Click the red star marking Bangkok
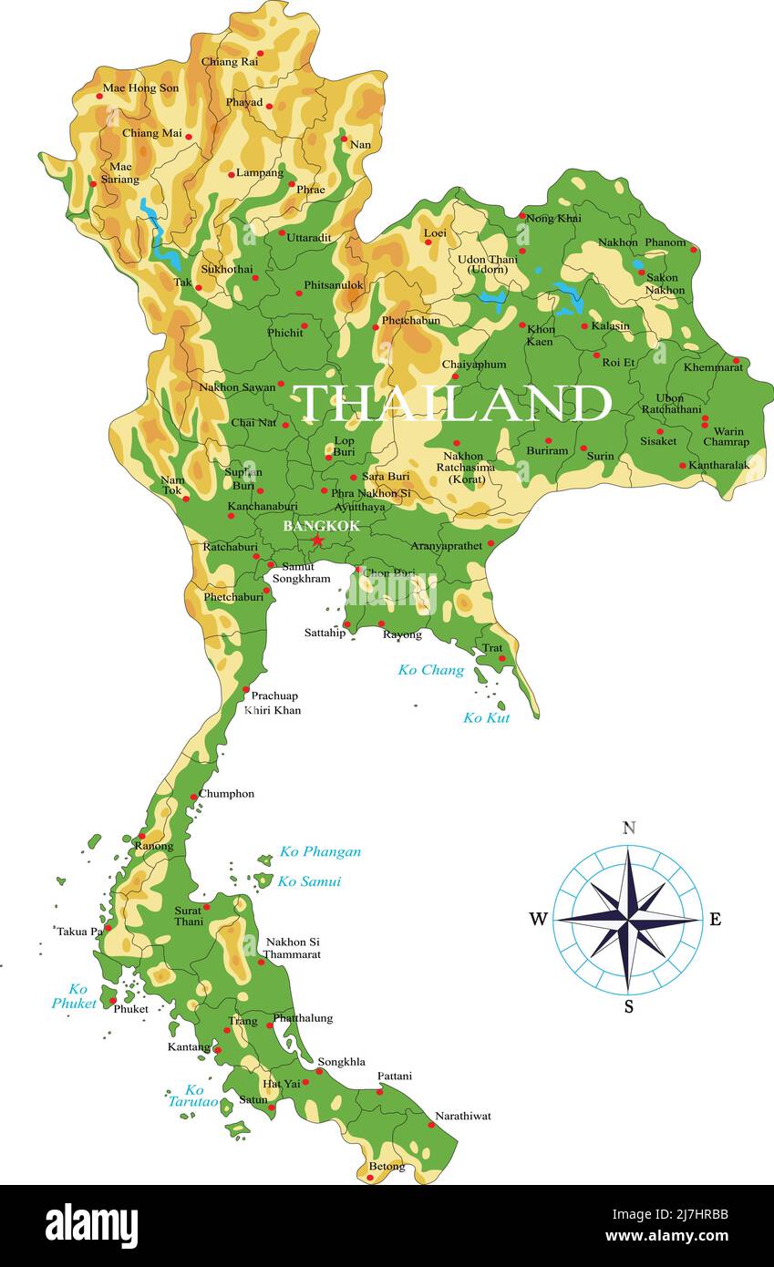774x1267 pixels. tap(317, 541)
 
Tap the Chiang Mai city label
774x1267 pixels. tap(152, 133)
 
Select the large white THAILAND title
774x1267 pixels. tap(451, 403)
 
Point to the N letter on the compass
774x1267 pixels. tap(628, 828)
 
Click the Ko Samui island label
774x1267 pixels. tap(309, 881)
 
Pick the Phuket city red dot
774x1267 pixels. tap(113, 1001)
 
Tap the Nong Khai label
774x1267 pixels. tap(553, 219)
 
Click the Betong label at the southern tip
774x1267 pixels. tap(387, 1166)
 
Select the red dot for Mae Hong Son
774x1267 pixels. tap(99, 96)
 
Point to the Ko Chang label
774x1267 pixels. tap(430, 670)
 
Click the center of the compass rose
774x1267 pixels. tap(628, 919)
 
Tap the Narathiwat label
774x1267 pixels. tap(462, 1116)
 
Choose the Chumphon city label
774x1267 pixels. tap(226, 794)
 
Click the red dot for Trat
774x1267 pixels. tap(501, 658)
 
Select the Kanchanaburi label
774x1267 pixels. tap(263, 506)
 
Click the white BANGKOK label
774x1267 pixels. tap(321, 526)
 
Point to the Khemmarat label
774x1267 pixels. tap(713, 367)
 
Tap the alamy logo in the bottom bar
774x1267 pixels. tap(91, 1225)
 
